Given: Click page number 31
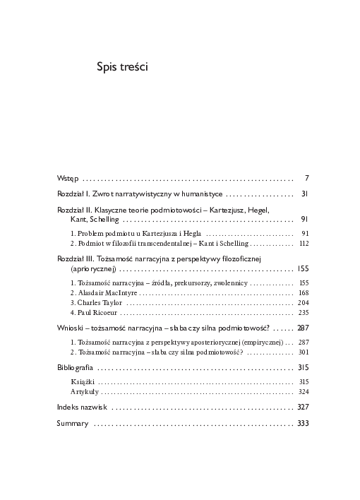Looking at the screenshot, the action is (305, 193).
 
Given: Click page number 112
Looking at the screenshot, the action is (304, 243).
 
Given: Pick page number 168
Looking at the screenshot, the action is (304, 292).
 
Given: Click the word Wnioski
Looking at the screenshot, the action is (71, 328).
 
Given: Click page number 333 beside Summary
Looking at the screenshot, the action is (304, 424).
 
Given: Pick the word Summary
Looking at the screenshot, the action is (73, 424).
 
